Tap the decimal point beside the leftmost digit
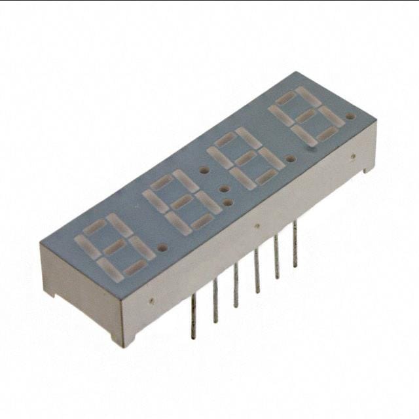(162, 248)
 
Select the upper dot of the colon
(204, 170)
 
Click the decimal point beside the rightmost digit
(350, 118)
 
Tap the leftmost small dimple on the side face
(151, 302)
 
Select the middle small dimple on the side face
(257, 227)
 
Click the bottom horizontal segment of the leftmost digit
(134, 268)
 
